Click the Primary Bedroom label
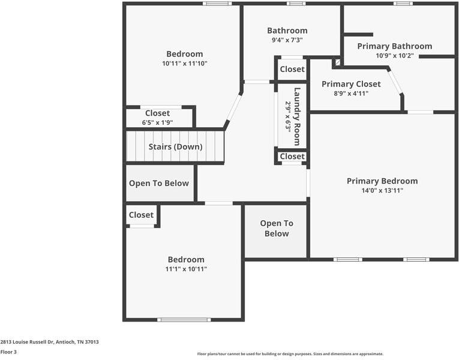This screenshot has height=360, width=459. click(x=382, y=181)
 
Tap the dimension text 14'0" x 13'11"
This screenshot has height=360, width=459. click(x=382, y=191)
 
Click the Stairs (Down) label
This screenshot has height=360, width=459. click(x=175, y=147)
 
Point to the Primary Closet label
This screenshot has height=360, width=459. click(x=351, y=84)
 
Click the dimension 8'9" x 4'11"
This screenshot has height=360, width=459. click(x=351, y=94)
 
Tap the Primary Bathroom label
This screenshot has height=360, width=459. click(x=394, y=46)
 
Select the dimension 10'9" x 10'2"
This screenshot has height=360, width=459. click(x=394, y=56)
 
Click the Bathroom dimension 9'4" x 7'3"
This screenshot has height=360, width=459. click(x=287, y=40)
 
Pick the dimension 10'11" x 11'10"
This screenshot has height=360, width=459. click(x=184, y=64)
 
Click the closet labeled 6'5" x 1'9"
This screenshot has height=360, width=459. click(x=157, y=113)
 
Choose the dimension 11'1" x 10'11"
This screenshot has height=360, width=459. click(x=186, y=269)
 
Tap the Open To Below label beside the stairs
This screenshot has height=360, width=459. click(x=159, y=184)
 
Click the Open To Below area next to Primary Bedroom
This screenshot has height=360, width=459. click(x=276, y=229)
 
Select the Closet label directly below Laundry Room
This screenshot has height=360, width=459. click(x=292, y=157)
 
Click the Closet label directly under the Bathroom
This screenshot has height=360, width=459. click(x=292, y=69)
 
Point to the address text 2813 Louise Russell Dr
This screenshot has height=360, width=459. click(x=49, y=342)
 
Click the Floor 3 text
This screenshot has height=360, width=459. click(x=8, y=352)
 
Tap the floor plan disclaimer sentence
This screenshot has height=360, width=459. click(x=290, y=354)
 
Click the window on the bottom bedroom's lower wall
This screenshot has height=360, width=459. click(x=184, y=319)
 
